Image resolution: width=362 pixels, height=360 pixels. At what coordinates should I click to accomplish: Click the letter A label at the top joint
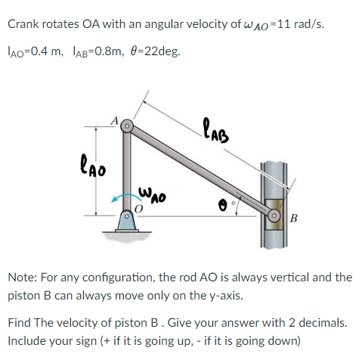pyautogui.click(x=115, y=119)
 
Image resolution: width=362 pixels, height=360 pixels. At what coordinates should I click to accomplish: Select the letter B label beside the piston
pyautogui.click(x=294, y=220)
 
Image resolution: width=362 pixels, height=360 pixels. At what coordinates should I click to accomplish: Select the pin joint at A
pyautogui.click(x=129, y=124)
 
